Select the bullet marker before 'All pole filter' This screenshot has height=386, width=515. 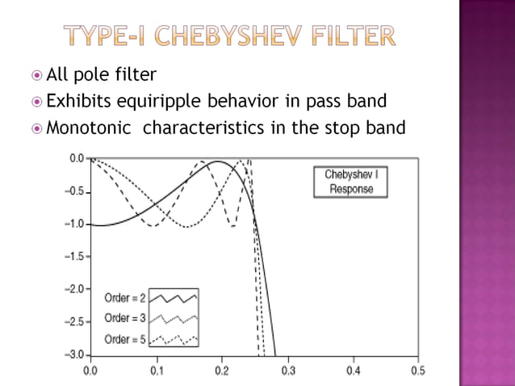35,76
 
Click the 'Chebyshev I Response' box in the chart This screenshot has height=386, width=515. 345,182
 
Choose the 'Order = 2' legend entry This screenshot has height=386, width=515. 125,299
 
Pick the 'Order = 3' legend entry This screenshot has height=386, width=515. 125,319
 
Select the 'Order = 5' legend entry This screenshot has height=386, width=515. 125,339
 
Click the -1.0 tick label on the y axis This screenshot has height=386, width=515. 74,224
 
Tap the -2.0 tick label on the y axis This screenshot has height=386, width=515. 74,289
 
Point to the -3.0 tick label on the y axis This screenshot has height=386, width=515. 74,355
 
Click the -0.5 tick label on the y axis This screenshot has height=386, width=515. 74,191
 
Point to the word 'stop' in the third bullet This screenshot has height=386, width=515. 337,127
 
